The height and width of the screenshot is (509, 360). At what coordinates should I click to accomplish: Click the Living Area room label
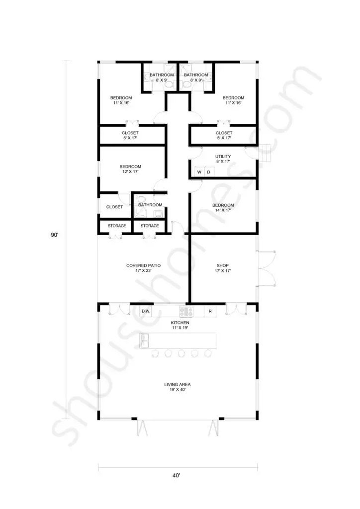coord(177,387)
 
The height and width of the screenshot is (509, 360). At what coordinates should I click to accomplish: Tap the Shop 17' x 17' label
coord(223,268)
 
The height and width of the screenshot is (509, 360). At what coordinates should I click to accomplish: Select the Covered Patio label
coord(144,268)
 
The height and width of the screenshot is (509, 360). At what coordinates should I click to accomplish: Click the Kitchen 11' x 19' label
coord(180,325)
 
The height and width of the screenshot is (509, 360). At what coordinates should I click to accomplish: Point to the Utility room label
coord(223,159)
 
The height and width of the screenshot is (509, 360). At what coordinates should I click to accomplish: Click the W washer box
coord(199,171)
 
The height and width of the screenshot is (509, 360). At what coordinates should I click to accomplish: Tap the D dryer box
coord(209,171)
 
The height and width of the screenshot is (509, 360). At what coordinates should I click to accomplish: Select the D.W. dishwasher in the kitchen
coord(146,311)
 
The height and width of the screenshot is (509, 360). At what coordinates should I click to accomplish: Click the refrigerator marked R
coord(210,311)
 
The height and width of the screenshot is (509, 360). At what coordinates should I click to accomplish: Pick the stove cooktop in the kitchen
coord(186,312)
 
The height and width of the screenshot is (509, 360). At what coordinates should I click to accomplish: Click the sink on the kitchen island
coord(145,340)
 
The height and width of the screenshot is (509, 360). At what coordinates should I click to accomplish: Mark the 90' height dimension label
coord(55,235)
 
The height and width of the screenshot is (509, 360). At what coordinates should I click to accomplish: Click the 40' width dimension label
coord(176,476)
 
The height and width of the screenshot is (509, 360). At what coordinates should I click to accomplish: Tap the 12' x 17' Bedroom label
coord(130,169)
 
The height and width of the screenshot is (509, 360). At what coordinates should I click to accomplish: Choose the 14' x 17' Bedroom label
coord(223,207)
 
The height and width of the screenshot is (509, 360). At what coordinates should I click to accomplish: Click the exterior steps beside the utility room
coord(265,153)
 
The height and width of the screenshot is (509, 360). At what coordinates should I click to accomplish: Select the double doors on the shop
coord(266,268)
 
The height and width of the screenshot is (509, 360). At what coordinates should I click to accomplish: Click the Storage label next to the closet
coord(117,226)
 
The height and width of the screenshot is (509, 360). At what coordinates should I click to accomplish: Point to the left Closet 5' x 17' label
coord(130,135)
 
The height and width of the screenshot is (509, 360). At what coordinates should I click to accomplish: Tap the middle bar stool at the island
coord(181,353)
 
